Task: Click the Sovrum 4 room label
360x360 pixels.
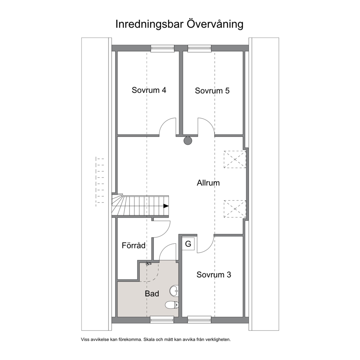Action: pos(149,90)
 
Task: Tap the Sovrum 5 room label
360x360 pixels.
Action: pos(212,91)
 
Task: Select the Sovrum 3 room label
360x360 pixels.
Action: pos(214,275)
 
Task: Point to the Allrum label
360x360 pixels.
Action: pos(208,183)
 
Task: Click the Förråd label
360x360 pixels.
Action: pos(134,245)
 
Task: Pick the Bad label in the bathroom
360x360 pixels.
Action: pos(152,294)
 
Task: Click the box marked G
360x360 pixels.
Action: pos(188,244)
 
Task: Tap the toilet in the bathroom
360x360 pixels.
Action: pos(172,305)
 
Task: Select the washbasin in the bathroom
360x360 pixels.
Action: pos(174,291)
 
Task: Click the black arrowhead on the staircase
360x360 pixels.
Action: pos(166,206)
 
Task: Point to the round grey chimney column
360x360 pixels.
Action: pos(188,140)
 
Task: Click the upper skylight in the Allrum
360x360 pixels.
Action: pos(235,159)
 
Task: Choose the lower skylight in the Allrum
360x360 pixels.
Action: pos(235,209)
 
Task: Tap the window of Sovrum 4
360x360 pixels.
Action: pos(162,48)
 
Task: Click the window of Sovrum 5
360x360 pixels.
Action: pos(199,48)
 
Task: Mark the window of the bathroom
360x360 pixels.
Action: pos(162,320)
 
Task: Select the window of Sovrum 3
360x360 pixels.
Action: pos(199,320)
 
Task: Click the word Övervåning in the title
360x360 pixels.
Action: pos(215,24)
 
